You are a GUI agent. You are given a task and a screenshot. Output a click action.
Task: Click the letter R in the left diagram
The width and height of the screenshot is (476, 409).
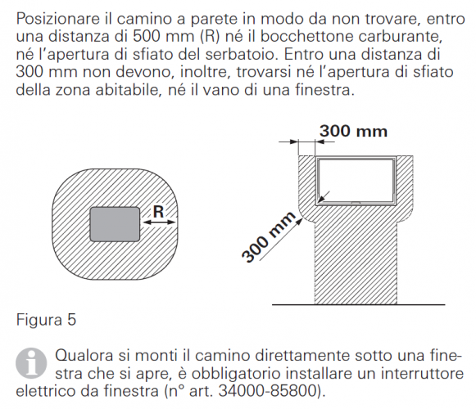point(158,212)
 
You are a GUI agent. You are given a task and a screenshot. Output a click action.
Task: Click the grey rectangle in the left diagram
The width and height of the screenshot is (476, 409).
point(115,224)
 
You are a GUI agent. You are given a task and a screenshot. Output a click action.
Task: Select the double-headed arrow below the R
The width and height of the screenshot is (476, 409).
point(159,222)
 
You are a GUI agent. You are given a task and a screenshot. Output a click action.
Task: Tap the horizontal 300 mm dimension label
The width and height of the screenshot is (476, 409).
point(353,131)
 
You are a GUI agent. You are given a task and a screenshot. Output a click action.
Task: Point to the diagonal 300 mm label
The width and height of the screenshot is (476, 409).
point(269,236)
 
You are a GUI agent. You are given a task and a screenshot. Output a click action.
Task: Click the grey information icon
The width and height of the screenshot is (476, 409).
point(31,363)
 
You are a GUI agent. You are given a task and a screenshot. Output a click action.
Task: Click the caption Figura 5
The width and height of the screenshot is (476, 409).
point(46,320)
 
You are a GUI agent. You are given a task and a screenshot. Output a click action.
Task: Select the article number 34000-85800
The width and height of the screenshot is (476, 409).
point(268,390)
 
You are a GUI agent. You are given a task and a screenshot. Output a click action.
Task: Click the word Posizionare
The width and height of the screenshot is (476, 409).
point(58,19)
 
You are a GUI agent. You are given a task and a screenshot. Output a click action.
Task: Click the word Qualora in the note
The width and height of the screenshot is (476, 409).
point(85,355)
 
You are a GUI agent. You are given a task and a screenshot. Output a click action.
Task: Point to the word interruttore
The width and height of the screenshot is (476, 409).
point(422,373)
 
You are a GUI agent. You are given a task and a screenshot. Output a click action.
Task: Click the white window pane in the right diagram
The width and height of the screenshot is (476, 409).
point(356,180)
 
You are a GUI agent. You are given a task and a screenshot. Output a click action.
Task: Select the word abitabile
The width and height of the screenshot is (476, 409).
point(128,90)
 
